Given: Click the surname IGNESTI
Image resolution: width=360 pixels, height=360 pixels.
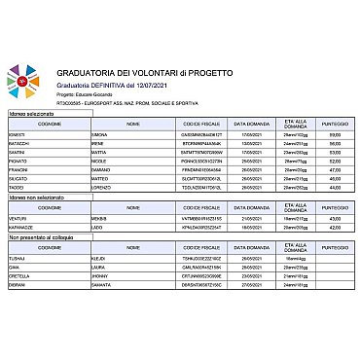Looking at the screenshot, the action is click(x=20, y=134).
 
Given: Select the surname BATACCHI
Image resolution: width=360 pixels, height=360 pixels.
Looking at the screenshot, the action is click(x=22, y=143).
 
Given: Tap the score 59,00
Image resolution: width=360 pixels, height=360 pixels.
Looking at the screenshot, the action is click(x=335, y=134).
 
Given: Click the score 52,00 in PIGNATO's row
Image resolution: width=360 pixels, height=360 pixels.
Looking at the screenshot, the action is click(x=335, y=161).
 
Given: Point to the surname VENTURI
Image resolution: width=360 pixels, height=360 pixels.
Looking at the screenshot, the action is click(x=21, y=218).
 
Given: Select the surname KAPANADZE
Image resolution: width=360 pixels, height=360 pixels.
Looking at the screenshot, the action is click(x=25, y=227).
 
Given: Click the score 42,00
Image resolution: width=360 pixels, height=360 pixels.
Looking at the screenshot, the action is click(x=335, y=227).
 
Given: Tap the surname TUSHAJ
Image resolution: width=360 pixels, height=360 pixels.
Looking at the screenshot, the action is click(x=20, y=257).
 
